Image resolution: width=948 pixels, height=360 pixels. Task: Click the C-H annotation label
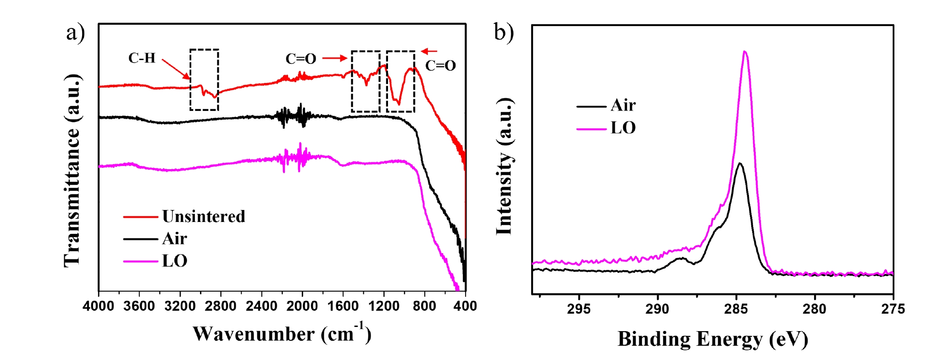142,58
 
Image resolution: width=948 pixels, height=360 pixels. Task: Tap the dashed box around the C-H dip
190,80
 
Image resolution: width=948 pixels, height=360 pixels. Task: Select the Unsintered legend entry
184,216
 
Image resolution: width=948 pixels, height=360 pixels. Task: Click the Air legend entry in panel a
155,239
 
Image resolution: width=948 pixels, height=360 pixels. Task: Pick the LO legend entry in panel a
155,261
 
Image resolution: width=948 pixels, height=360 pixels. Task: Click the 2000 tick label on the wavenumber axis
302,305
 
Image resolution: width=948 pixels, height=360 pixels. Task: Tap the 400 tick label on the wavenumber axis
466,305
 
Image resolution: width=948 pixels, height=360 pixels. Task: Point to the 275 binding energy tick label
893,309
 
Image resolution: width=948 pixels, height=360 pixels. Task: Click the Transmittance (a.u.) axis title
72,170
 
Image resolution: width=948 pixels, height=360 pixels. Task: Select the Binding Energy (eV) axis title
713,339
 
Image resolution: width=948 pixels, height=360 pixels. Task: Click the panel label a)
76,33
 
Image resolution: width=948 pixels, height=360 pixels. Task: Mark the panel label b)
504,33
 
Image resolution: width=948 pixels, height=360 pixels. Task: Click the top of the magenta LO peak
745,51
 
